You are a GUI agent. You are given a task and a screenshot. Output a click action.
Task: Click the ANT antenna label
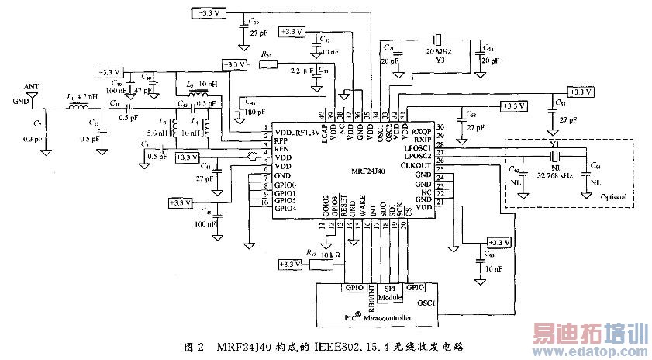pyautogui.click(x=31, y=86)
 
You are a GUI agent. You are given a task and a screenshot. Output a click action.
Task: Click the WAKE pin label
pyautogui.click(x=363, y=208)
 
